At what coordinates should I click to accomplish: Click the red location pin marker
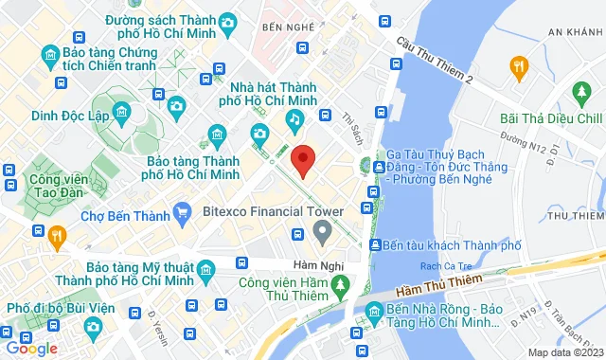pos(302,160)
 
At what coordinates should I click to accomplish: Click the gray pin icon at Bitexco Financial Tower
pos(323,229)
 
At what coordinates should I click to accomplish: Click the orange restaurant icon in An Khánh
pos(517,65)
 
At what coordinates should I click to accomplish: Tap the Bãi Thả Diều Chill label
pos(552,118)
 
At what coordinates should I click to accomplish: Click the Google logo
pos(31,348)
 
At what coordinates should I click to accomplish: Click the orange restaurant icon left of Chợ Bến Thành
pos(57,234)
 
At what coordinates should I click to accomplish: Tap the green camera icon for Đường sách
pos(227,23)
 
